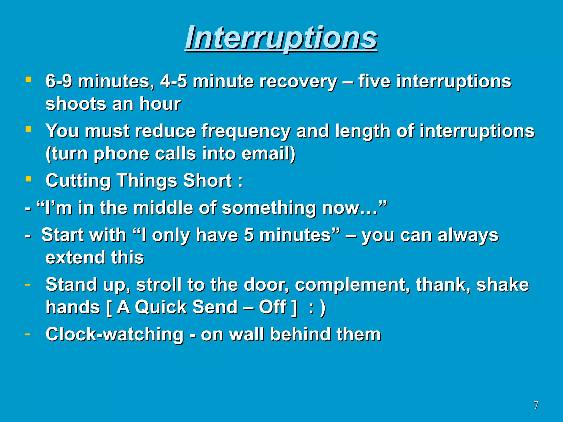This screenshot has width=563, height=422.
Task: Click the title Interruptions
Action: (x=281, y=38)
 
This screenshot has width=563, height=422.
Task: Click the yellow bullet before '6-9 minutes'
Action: (x=28, y=80)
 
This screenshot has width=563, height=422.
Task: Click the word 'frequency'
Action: (x=246, y=131)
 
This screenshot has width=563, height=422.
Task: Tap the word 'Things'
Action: (x=147, y=181)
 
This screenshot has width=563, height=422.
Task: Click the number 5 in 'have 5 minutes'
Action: (x=249, y=235)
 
